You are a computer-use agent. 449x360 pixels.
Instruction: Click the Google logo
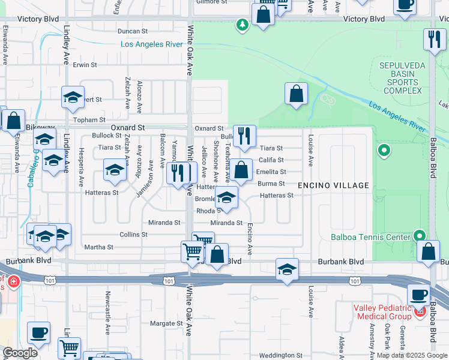click(20, 353)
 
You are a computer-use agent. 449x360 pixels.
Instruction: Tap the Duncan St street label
click(133, 31)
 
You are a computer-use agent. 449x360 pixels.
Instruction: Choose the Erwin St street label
click(85, 65)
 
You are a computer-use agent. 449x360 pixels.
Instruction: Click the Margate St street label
click(166, 323)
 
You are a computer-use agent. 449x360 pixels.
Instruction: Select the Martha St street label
click(99, 247)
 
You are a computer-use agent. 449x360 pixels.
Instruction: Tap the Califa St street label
click(270, 160)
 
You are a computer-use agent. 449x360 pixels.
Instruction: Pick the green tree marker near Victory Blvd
click(242, 25)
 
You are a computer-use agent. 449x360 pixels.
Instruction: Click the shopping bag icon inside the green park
click(296, 94)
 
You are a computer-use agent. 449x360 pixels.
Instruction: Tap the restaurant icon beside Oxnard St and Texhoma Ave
click(244, 136)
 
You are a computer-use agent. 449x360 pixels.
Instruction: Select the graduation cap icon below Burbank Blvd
click(288, 269)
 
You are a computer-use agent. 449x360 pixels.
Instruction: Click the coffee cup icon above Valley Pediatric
click(418, 295)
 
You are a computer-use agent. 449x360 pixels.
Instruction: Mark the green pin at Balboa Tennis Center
click(420, 236)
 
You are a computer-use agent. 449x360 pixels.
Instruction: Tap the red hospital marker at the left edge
click(12, 280)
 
